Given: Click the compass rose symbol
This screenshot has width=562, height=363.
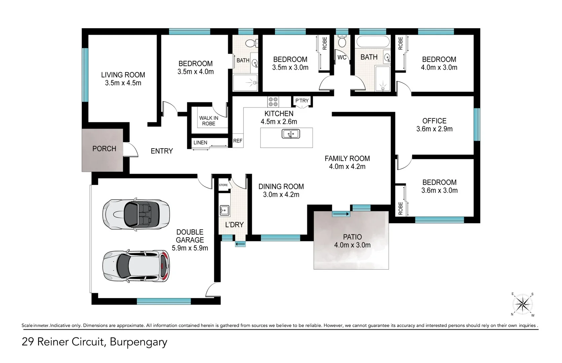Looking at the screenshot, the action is click(x=522, y=305).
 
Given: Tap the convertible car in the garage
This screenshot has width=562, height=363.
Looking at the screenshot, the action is click(x=136, y=214).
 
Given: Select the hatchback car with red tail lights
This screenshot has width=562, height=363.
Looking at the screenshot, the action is click(x=136, y=266).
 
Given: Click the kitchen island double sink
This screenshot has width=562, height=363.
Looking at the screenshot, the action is click(x=290, y=134).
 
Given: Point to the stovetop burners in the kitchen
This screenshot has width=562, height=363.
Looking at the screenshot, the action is click(x=273, y=102).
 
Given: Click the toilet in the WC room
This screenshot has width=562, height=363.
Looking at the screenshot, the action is click(x=342, y=42).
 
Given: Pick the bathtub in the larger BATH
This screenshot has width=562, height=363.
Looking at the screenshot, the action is click(x=373, y=42).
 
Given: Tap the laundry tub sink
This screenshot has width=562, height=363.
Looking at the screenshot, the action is click(x=224, y=210).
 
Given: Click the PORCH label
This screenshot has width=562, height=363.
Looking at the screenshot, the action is click(x=104, y=149).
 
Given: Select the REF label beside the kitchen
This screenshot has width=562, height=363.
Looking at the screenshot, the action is click(x=238, y=141).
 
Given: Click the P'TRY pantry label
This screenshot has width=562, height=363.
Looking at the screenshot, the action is click(x=302, y=101).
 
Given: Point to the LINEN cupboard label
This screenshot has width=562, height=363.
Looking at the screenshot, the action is click(x=200, y=143).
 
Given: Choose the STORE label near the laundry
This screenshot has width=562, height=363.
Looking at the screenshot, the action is click(x=223, y=185).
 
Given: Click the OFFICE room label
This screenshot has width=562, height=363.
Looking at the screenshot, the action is click(x=434, y=121).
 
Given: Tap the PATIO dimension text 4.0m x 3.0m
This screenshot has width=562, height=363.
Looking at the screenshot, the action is click(x=352, y=245).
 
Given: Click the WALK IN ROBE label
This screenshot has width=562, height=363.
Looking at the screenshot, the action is click(x=209, y=121).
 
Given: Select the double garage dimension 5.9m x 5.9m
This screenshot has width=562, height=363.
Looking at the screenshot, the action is click(x=190, y=248).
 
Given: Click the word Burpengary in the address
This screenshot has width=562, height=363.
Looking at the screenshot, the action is click(x=138, y=342).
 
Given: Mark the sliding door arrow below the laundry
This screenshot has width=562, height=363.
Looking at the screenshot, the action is click(x=240, y=244).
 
